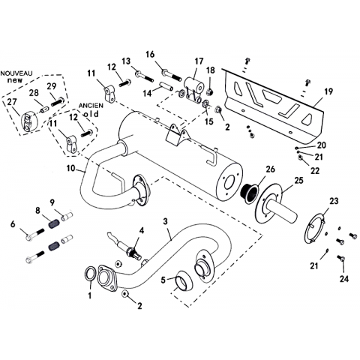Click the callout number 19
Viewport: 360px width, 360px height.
click(328, 91)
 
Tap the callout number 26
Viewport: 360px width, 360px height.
click(270, 169)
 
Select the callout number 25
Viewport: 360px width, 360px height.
click(298, 180)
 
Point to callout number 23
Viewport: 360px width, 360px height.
click(334, 201)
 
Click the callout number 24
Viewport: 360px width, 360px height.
click(344, 278)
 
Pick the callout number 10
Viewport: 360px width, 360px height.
click(71, 168)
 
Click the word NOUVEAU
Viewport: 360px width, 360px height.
click(16, 73)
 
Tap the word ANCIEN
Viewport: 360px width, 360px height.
click(91, 106)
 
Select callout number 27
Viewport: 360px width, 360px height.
click(12, 102)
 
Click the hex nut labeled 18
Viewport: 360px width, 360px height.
click(210, 91)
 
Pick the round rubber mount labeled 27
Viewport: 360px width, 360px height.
click(28, 121)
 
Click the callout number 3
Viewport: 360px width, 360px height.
click(165, 221)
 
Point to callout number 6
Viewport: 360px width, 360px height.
click(13, 224)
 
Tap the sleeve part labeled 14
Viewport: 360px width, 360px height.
click(166, 85)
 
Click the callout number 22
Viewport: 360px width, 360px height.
click(315, 170)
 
